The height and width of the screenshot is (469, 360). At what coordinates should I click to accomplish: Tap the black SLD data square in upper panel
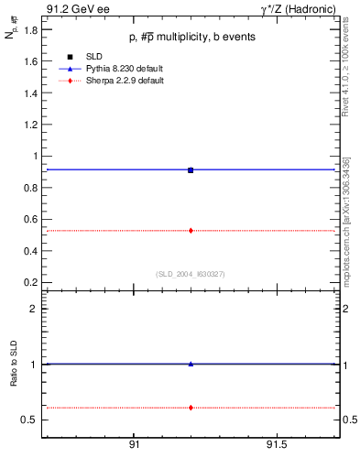pos(191,169)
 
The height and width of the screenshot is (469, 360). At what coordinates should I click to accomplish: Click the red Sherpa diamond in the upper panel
pos(191,230)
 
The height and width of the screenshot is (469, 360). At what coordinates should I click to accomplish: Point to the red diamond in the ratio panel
pos(191,407)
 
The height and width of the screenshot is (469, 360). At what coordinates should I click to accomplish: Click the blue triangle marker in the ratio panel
pos(191,364)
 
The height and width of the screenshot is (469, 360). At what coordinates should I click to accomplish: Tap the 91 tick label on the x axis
pos(134,445)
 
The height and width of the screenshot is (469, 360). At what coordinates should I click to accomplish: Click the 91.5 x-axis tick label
pos(276,445)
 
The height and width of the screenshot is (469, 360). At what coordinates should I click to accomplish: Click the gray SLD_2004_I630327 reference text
pos(191,274)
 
